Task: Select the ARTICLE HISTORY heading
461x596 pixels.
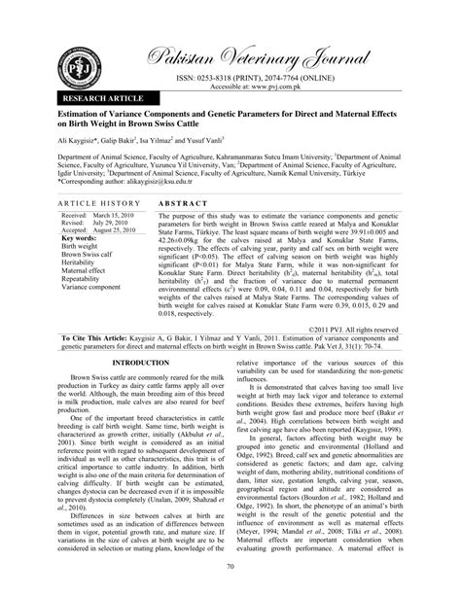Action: coord(96,200)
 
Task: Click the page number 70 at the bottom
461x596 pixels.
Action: coord(230,566)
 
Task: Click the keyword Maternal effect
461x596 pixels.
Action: coord(88,271)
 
